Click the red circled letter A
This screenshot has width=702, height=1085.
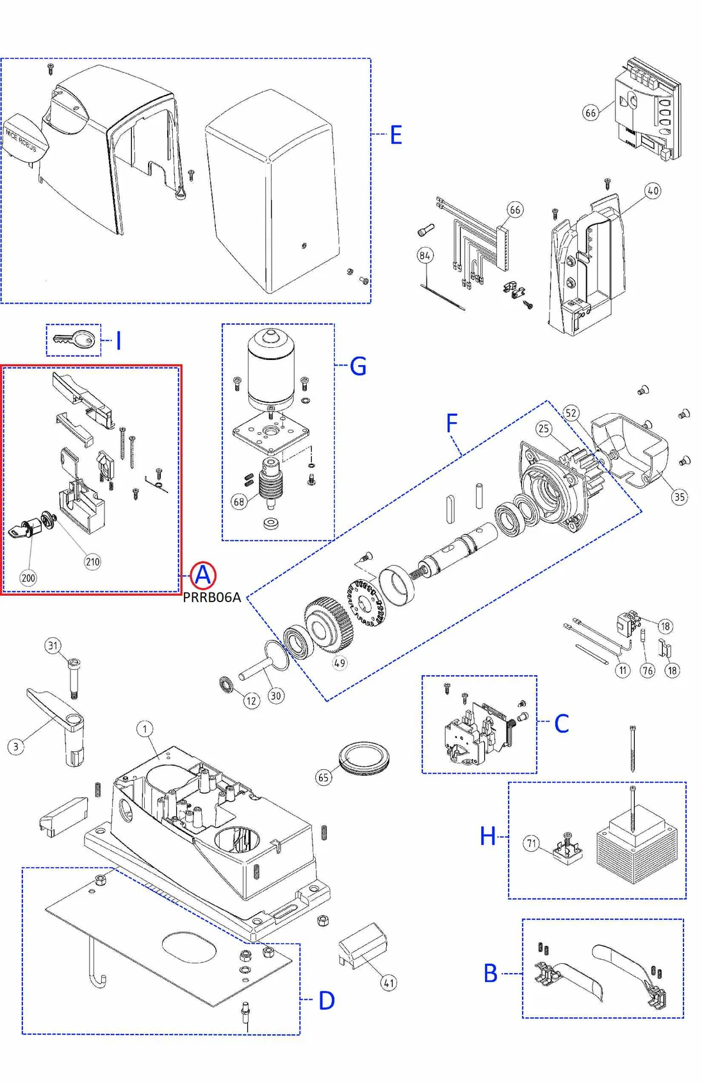pos(202,575)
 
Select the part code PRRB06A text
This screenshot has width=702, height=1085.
pos(212,598)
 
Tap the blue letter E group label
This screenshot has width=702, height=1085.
pos(396,135)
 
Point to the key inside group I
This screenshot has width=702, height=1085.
pos(74,339)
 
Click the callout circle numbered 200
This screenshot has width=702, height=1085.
pos(28,578)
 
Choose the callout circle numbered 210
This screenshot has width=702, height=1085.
pos(93,562)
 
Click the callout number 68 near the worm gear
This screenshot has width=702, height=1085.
pos(239,502)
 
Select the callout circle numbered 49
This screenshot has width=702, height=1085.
pos(339,663)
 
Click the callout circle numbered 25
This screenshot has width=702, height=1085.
pos(544,428)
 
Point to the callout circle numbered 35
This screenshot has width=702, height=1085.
pos(679,496)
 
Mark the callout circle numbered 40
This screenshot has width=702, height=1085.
pos(653,191)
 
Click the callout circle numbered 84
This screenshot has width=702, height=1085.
pos(425,256)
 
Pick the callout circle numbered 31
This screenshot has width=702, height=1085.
pos(53,646)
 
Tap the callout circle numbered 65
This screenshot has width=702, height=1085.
pos(323,778)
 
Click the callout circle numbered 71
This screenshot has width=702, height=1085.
pos(532,843)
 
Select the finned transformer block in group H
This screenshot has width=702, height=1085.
pos(636,845)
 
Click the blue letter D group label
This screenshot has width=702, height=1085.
pos(327,1000)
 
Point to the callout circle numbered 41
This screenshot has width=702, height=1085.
pos(389,983)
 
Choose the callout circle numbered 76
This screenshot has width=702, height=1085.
pos(648,671)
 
